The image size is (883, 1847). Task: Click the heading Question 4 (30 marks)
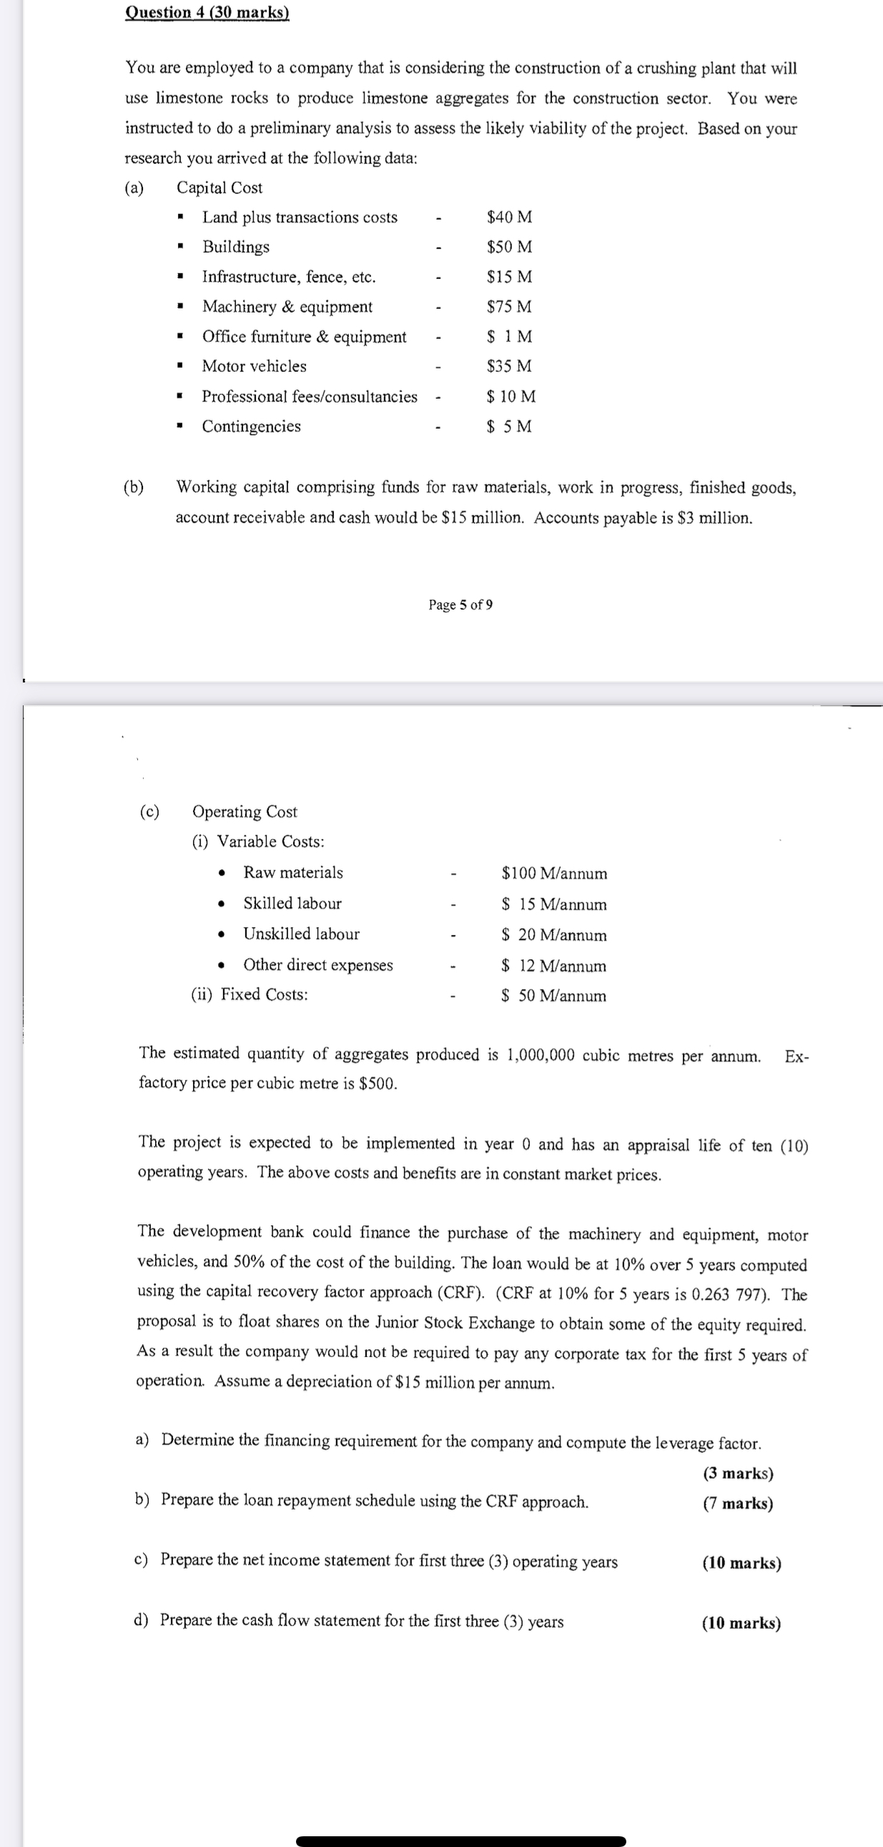click(x=207, y=12)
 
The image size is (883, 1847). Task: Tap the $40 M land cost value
click(x=509, y=217)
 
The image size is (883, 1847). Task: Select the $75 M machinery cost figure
click(x=509, y=307)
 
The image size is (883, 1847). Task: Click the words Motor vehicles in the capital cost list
click(x=254, y=366)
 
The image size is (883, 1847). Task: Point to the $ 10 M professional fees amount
click(x=510, y=396)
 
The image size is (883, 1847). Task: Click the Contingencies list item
click(x=251, y=426)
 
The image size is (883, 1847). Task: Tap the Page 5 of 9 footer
click(x=460, y=604)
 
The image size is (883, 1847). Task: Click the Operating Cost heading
click(x=245, y=812)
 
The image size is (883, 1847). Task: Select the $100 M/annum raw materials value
click(x=554, y=873)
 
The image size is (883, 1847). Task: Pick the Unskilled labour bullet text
click(x=301, y=934)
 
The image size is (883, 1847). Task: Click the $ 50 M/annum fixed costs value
click(x=553, y=996)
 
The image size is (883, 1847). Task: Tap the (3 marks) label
click(x=738, y=1473)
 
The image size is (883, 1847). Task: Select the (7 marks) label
click(x=738, y=1504)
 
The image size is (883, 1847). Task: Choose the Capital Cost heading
click(x=219, y=188)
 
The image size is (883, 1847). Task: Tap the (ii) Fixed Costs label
click(x=250, y=994)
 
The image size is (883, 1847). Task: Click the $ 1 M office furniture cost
click(x=509, y=336)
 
